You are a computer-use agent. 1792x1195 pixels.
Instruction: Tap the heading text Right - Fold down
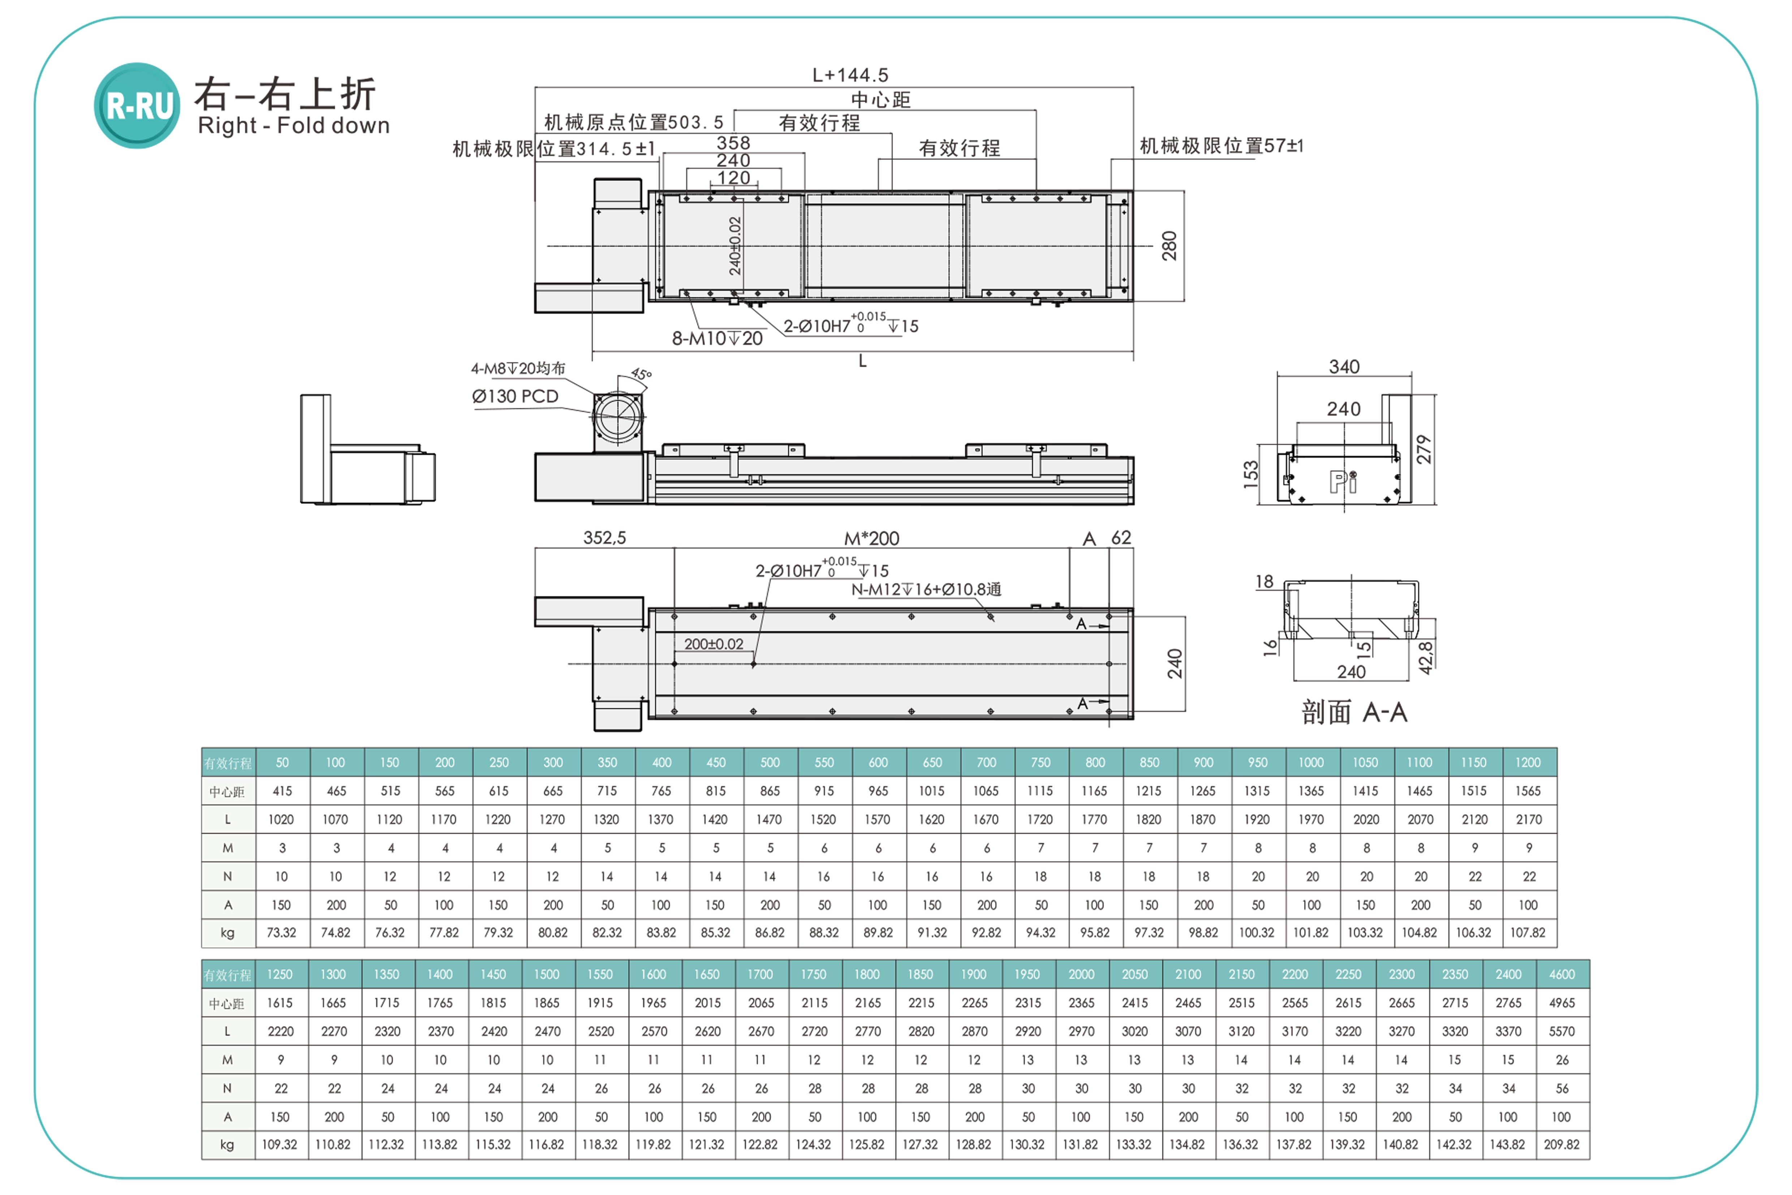click(x=293, y=126)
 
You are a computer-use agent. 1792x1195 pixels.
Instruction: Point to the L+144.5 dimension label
click(x=850, y=75)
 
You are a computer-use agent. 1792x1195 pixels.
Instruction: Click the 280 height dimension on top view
click(x=1169, y=246)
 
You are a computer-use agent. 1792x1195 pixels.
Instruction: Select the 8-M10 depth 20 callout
click(x=717, y=338)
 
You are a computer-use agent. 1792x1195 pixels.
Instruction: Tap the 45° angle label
click(x=642, y=374)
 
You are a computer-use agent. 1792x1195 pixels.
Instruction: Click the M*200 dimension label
click(x=872, y=539)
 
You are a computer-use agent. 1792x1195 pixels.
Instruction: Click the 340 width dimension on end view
click(x=1344, y=366)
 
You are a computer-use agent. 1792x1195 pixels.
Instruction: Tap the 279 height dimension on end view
click(x=1424, y=450)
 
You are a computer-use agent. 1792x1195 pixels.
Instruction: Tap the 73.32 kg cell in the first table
click(x=281, y=933)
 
